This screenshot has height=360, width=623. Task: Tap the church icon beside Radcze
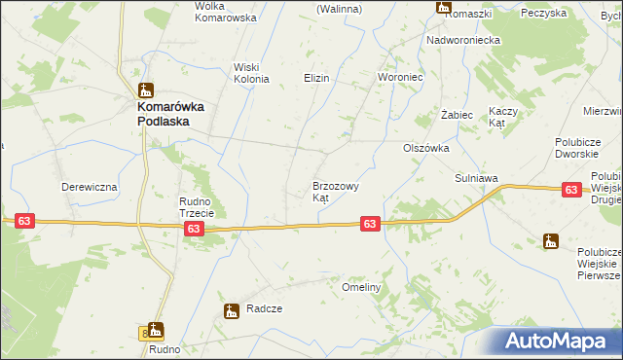coord(232,311)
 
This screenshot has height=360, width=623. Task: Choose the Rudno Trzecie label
coord(202,207)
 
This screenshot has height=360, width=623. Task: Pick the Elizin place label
coord(317,78)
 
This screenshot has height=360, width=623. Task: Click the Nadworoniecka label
coord(463,40)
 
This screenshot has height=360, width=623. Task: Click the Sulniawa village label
coord(477,179)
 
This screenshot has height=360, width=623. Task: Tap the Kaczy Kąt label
coord(502,117)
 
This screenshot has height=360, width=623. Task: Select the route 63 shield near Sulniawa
coord(572,191)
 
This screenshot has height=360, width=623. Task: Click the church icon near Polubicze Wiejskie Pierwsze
coord(551,241)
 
